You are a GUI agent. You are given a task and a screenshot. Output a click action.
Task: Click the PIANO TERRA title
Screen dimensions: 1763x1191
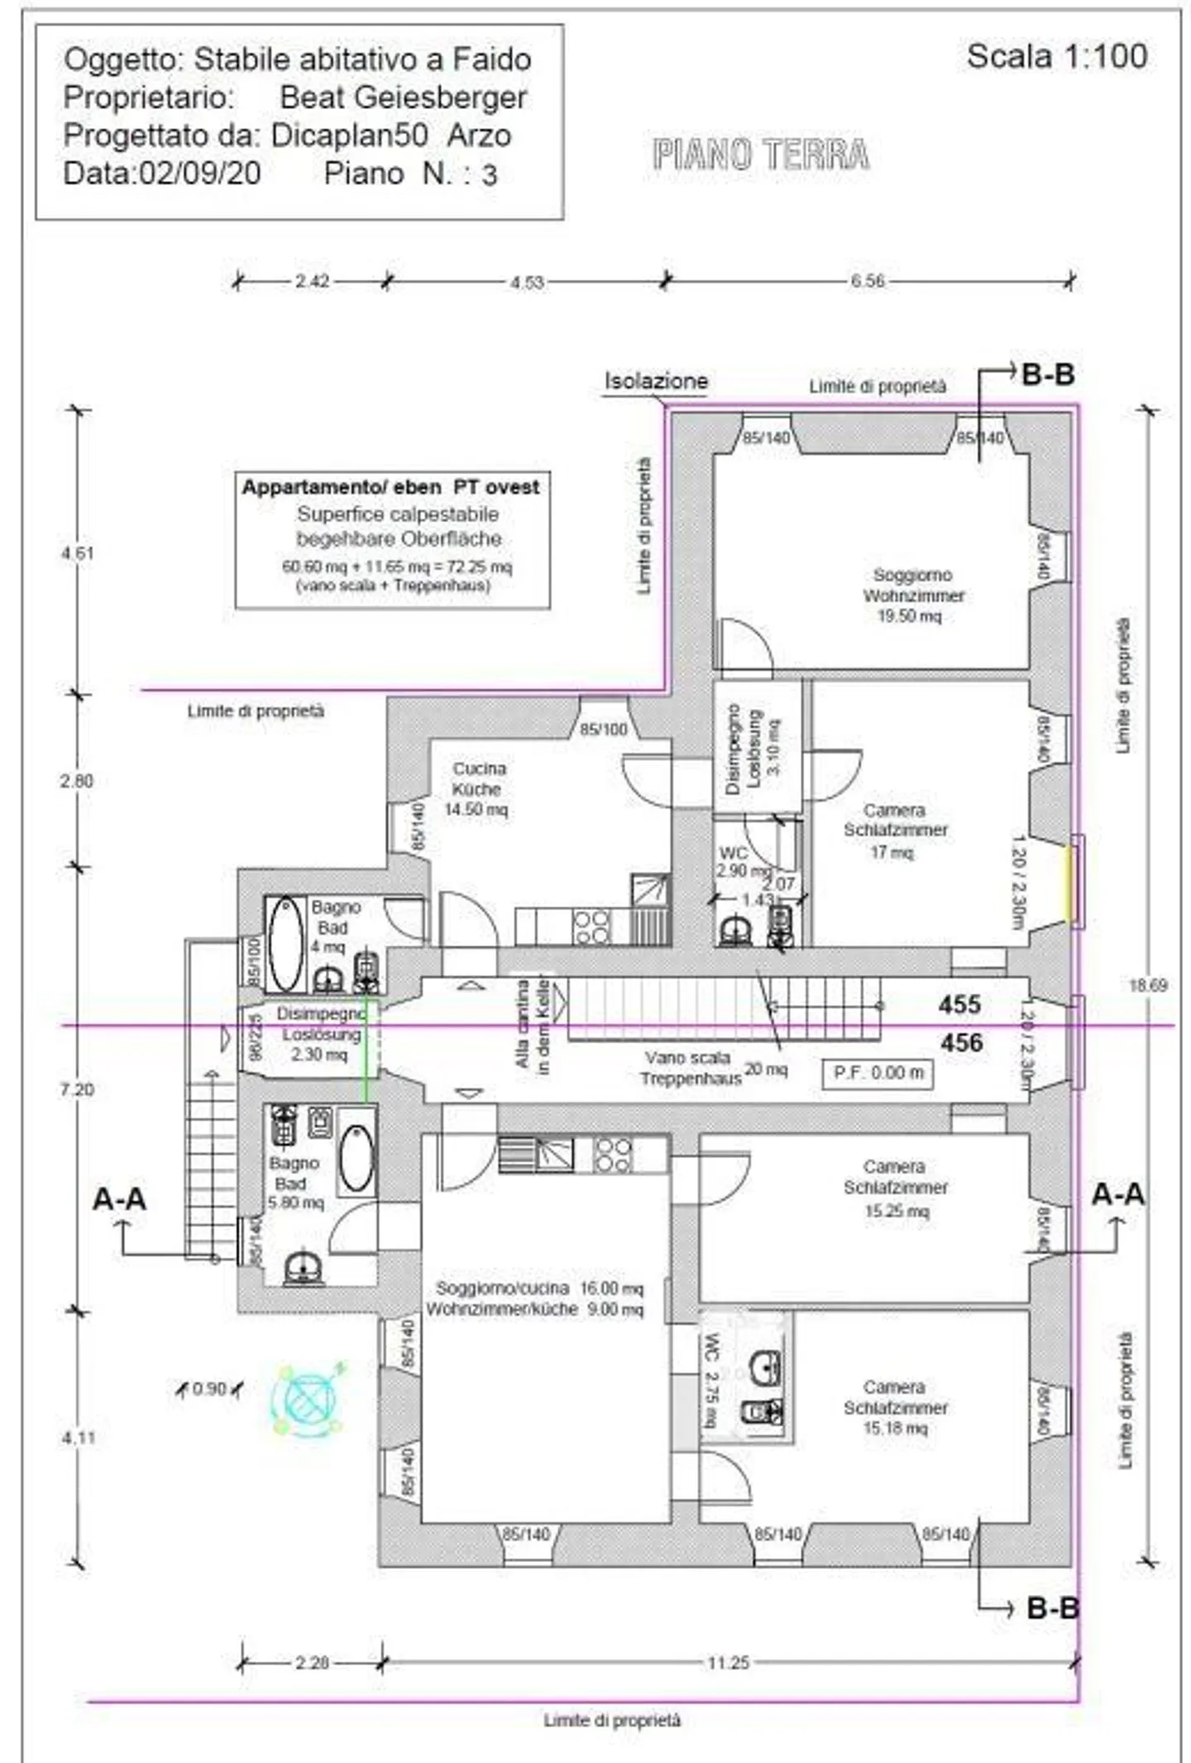[x=760, y=155]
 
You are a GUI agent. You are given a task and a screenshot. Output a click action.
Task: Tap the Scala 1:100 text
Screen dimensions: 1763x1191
[x=1056, y=56]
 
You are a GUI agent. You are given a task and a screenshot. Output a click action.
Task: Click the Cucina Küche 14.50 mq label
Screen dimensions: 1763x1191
[x=477, y=788]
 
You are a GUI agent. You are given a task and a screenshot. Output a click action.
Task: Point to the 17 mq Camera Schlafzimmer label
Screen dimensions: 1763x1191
[x=895, y=830]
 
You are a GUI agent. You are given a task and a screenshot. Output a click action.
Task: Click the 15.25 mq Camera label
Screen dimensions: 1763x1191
[x=895, y=1188]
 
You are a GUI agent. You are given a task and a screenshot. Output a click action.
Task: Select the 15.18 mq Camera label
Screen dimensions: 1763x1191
[x=895, y=1406]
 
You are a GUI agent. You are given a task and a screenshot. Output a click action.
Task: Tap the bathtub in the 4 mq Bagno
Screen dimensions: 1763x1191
[x=285, y=943]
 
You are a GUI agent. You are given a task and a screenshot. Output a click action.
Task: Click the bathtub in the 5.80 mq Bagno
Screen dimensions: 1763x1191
[x=356, y=1157]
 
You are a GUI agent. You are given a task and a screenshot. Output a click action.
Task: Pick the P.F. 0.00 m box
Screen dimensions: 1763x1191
[x=878, y=1072]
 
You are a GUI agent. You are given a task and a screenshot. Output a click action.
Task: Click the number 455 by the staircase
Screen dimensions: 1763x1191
[x=959, y=1004]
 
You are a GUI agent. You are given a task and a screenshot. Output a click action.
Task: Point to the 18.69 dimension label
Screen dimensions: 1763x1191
[x=1148, y=985]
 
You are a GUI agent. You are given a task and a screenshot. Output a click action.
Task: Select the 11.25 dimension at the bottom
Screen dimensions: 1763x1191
[x=728, y=1662]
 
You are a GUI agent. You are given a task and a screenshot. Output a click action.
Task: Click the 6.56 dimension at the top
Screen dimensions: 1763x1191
[x=867, y=281]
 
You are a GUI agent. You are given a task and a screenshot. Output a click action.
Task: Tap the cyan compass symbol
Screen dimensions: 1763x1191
[x=307, y=1399]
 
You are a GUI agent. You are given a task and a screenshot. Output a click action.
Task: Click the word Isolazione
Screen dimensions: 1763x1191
[x=656, y=381]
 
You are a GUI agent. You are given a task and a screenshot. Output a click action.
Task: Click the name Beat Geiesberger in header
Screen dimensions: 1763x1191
[x=403, y=98]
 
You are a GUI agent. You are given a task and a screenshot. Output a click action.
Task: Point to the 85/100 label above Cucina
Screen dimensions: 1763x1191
[x=603, y=730]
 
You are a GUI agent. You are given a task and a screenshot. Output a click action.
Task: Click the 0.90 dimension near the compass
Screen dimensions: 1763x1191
[x=208, y=1388]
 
